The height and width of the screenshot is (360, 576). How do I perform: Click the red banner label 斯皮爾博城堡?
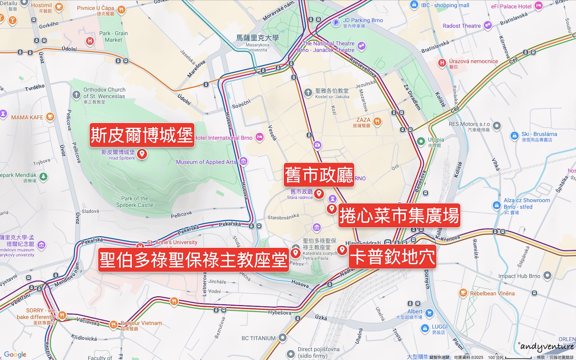142,135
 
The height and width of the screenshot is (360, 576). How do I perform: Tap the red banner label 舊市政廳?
319,175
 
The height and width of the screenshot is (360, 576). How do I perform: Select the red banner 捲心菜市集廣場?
399,216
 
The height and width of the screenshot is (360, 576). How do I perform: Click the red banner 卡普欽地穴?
392,256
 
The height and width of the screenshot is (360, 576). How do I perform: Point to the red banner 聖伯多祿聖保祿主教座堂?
194,260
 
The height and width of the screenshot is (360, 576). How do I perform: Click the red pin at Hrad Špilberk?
142,154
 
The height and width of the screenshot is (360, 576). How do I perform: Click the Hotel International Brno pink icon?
260,138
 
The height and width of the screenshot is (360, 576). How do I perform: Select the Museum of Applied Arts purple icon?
243,162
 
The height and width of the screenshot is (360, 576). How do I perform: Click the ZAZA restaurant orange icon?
377,122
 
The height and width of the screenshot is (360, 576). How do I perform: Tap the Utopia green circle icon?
421,141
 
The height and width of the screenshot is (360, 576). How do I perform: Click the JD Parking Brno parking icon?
336,23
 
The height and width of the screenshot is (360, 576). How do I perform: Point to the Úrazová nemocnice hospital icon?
442,62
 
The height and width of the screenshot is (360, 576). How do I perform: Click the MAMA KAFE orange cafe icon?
50,117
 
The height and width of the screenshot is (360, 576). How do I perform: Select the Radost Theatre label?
462,26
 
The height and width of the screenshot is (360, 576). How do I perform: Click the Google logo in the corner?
15,354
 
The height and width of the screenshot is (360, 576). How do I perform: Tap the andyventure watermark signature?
547,346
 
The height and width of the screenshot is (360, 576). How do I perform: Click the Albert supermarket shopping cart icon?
429,313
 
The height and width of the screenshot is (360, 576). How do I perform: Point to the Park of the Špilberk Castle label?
135,202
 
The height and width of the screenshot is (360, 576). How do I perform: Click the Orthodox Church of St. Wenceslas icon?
76,95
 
